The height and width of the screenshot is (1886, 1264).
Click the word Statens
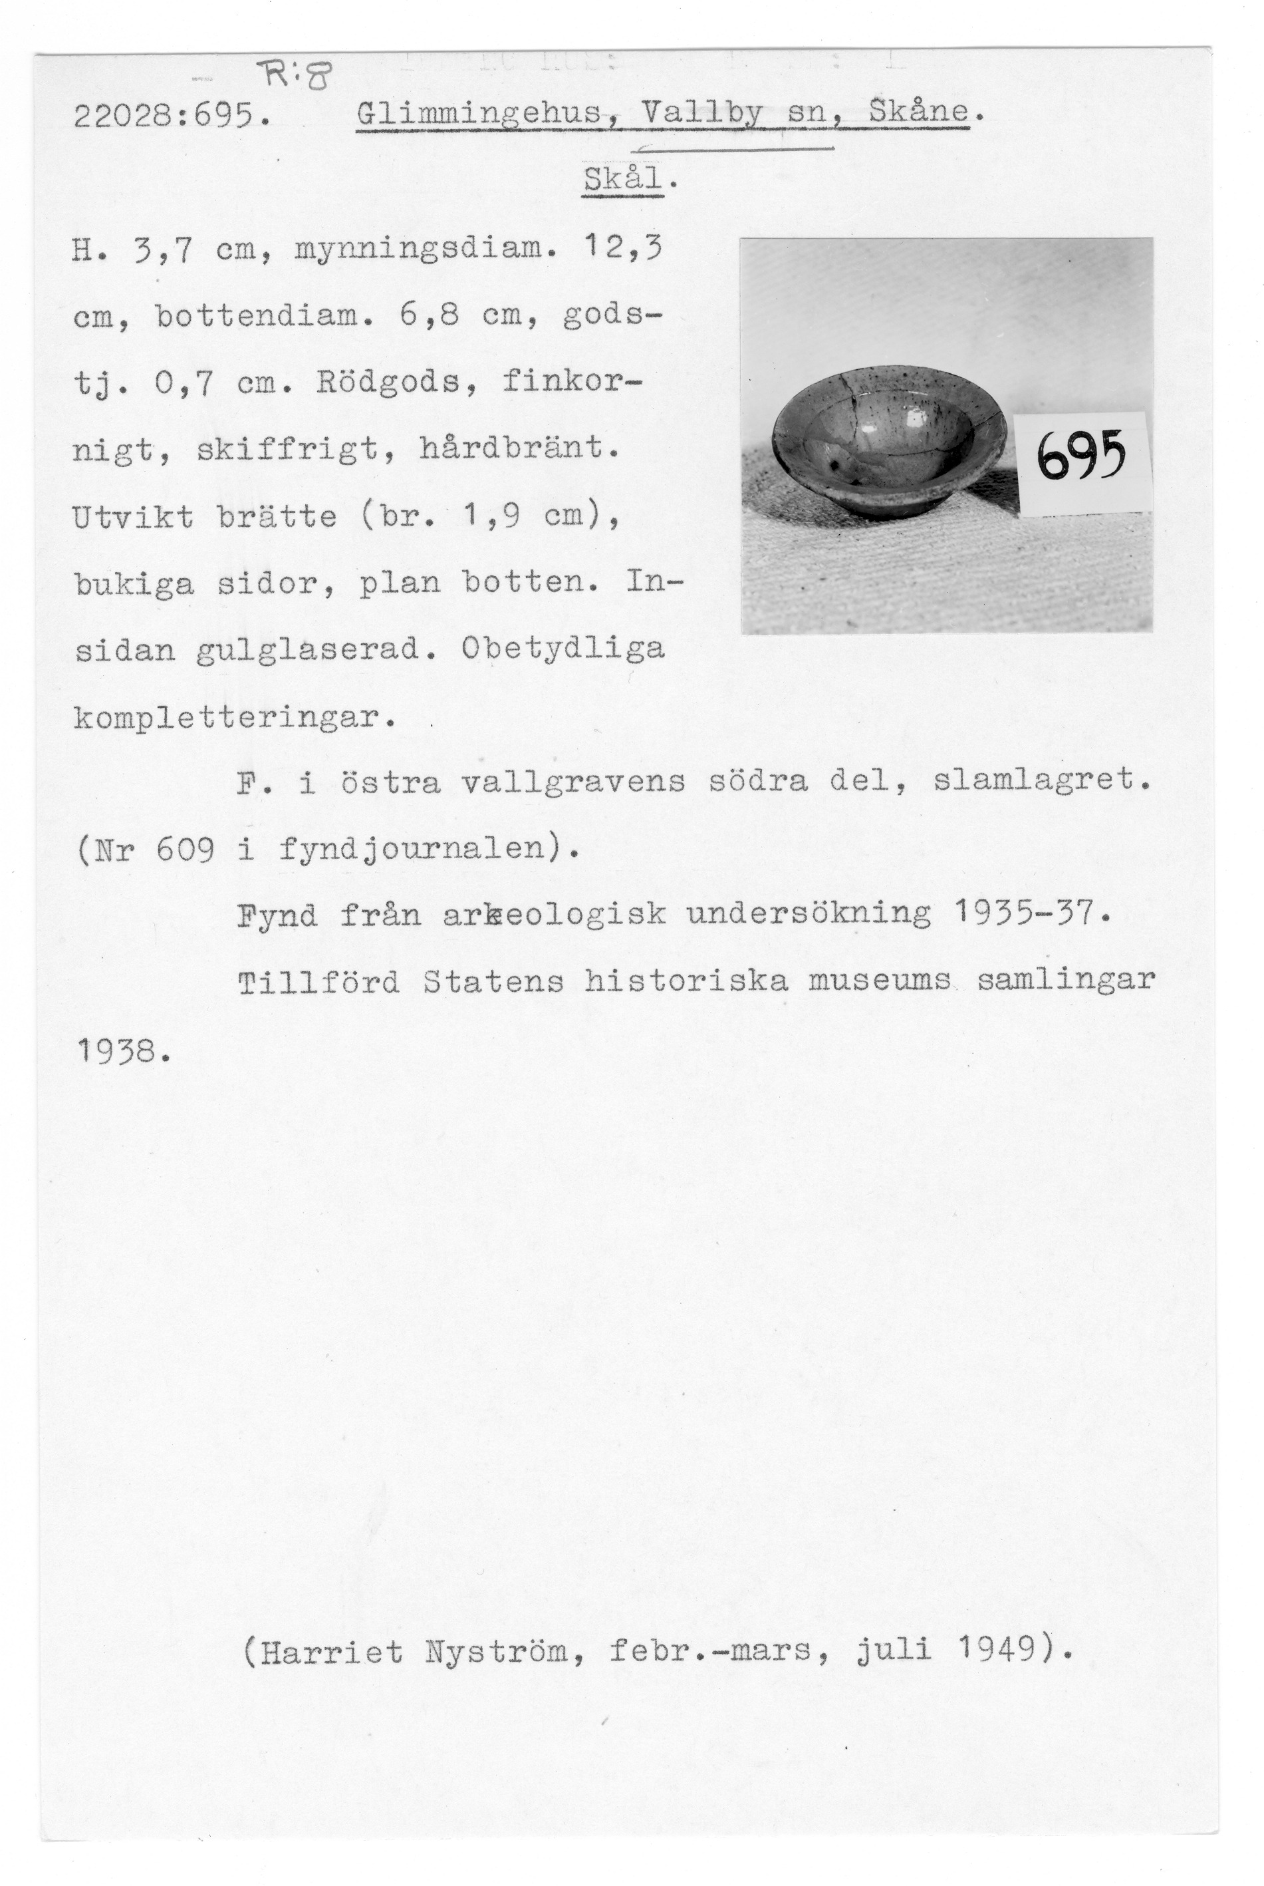pyautogui.click(x=493, y=981)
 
